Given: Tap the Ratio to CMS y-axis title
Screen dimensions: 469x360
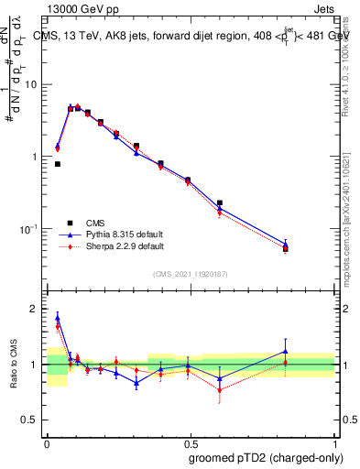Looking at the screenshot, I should [13, 364].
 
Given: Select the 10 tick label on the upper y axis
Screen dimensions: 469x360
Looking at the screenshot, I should [33, 84].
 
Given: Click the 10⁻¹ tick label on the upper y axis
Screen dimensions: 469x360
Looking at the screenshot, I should [31, 229].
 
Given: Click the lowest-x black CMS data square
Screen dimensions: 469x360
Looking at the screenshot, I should [58, 164].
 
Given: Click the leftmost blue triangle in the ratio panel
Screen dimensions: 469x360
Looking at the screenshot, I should [58, 318].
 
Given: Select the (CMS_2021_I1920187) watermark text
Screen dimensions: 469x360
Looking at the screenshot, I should [191, 272].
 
